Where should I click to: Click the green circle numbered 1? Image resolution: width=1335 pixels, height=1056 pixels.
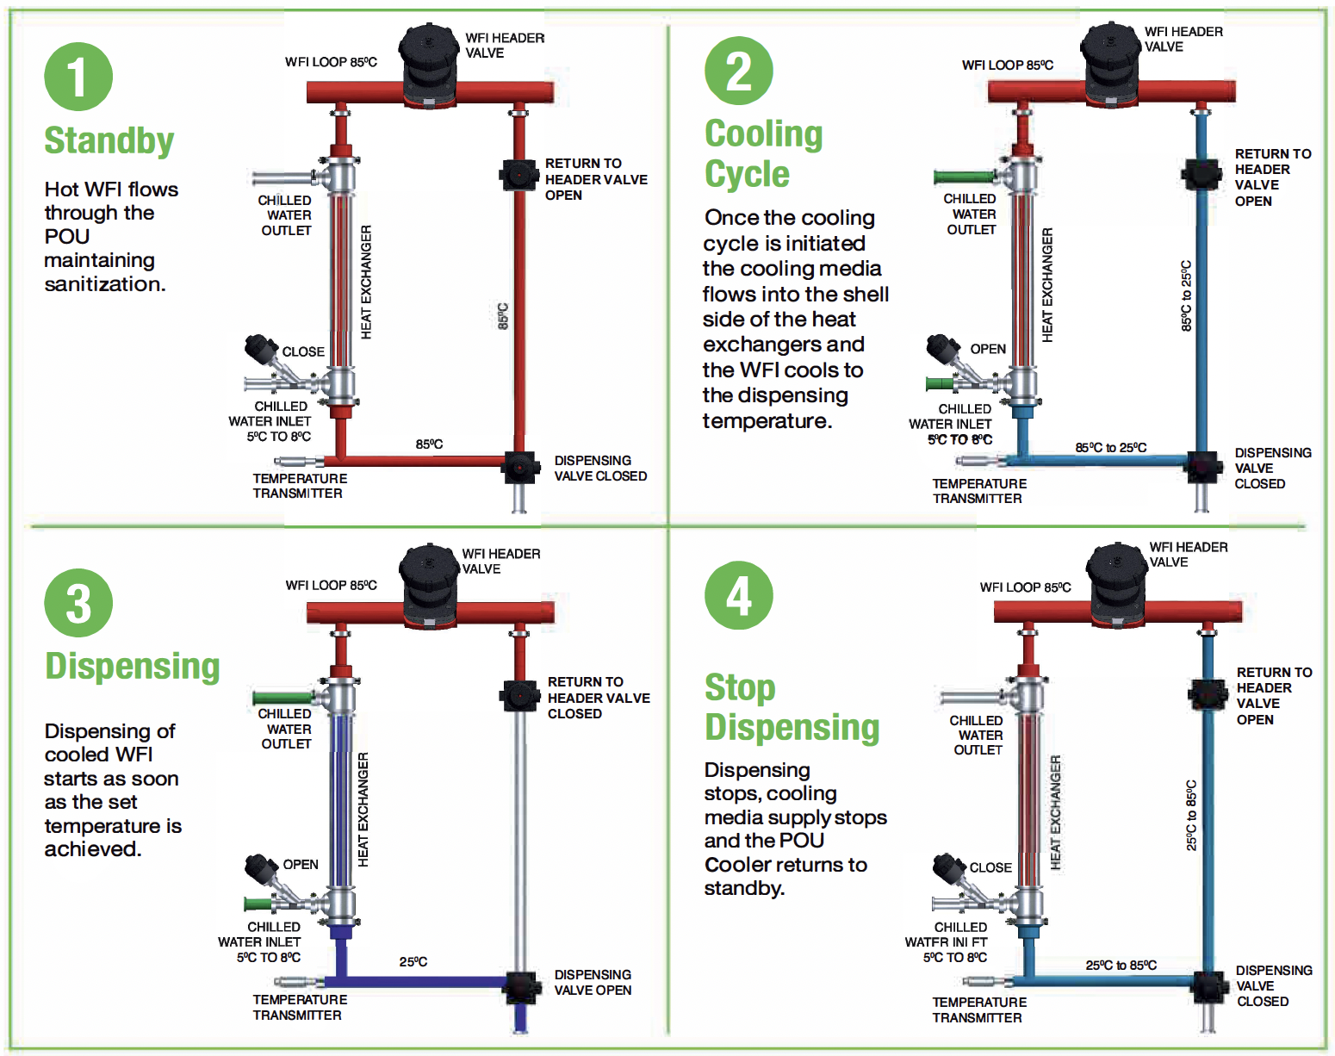click(78, 77)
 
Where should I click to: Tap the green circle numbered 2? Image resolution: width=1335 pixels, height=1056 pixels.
click(738, 71)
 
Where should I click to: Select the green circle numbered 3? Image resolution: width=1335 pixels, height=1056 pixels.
click(78, 602)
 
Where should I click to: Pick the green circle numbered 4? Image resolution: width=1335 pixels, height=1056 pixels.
click(738, 595)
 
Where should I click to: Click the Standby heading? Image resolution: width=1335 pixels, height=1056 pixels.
click(109, 140)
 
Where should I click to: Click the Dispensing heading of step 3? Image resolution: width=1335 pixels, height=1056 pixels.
click(133, 666)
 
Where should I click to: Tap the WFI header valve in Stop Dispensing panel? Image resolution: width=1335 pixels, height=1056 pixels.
click(1117, 584)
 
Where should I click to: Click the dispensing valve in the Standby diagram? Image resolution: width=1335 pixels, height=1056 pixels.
click(518, 467)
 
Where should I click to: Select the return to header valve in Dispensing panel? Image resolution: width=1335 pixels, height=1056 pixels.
click(518, 695)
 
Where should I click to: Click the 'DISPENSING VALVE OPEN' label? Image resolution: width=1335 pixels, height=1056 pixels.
click(593, 983)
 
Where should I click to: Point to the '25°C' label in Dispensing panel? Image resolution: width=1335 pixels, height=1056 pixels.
click(413, 961)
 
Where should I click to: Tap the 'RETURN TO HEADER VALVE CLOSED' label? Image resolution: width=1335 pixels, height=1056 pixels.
click(599, 698)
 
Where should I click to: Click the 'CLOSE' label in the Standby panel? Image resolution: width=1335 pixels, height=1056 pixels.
click(303, 351)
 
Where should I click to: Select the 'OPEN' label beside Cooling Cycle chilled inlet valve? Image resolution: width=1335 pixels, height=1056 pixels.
click(988, 349)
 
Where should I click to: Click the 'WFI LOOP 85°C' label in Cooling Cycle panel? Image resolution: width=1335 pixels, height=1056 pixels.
click(1008, 65)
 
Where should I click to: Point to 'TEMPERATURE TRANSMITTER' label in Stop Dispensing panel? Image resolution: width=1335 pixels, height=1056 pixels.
click(979, 1009)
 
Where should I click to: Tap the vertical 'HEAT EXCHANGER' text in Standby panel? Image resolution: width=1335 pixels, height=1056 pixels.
click(366, 282)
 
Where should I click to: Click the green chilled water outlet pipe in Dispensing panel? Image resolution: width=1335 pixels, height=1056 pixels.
click(283, 698)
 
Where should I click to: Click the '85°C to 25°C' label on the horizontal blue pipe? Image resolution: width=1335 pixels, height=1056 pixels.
click(1111, 448)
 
